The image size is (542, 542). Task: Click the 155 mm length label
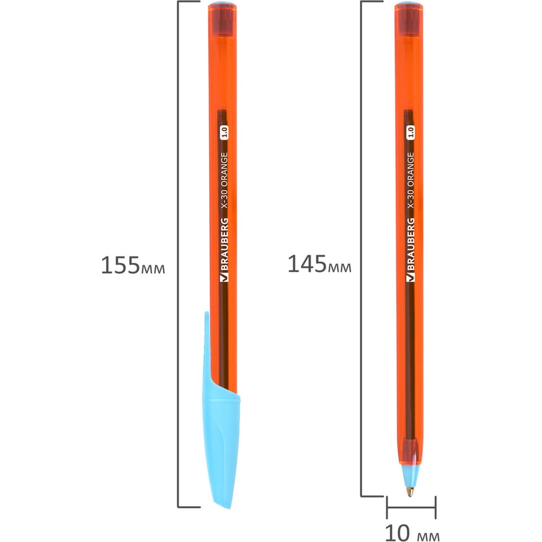coord(133,266)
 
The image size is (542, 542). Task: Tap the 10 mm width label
coord(412,533)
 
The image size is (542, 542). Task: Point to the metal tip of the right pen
coord(410,492)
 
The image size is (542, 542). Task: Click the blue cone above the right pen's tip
coord(410,476)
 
